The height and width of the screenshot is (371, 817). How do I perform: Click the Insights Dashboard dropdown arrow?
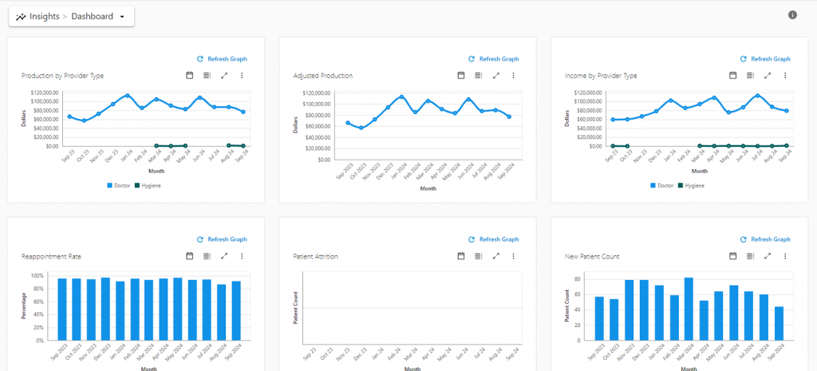coord(122,17)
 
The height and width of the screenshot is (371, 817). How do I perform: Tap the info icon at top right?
coord(792,14)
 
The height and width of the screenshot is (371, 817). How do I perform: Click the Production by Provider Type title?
coord(62,76)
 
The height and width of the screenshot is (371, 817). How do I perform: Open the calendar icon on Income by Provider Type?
coord(733,76)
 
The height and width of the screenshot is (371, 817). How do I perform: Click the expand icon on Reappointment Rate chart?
coord(224,256)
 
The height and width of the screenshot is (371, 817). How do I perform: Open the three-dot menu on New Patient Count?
coord(786,256)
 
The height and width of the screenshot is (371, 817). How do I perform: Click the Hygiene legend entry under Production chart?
coord(148,185)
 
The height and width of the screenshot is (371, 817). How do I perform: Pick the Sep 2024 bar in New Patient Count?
coord(779,323)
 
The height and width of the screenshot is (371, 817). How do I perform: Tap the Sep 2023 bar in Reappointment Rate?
coord(62,309)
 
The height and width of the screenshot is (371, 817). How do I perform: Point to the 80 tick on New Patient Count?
coord(578,279)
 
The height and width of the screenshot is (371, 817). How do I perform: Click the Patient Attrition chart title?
coord(316,256)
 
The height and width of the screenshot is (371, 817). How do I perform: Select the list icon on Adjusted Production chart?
coord(478,76)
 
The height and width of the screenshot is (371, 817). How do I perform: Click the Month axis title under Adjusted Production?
coord(428,188)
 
